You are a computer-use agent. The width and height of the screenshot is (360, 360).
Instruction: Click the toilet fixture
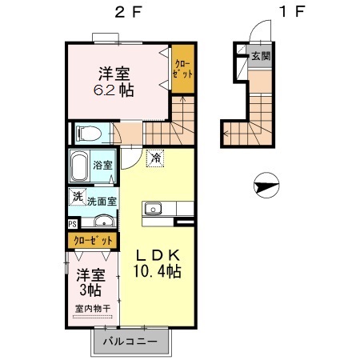point(86,132)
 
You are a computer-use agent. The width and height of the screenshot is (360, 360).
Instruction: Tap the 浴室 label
point(103,166)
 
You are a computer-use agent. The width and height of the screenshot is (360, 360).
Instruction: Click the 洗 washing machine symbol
point(77,196)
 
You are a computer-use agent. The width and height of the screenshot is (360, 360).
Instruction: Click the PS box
point(73,224)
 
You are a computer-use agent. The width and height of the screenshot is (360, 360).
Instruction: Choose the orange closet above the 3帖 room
point(91,239)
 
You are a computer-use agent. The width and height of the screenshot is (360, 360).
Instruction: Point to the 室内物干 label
point(92,309)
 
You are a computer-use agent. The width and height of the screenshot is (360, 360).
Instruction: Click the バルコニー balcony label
point(131,343)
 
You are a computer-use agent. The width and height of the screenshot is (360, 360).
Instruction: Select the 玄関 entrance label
point(259,57)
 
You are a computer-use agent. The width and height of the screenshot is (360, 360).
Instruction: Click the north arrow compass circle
point(264,187)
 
